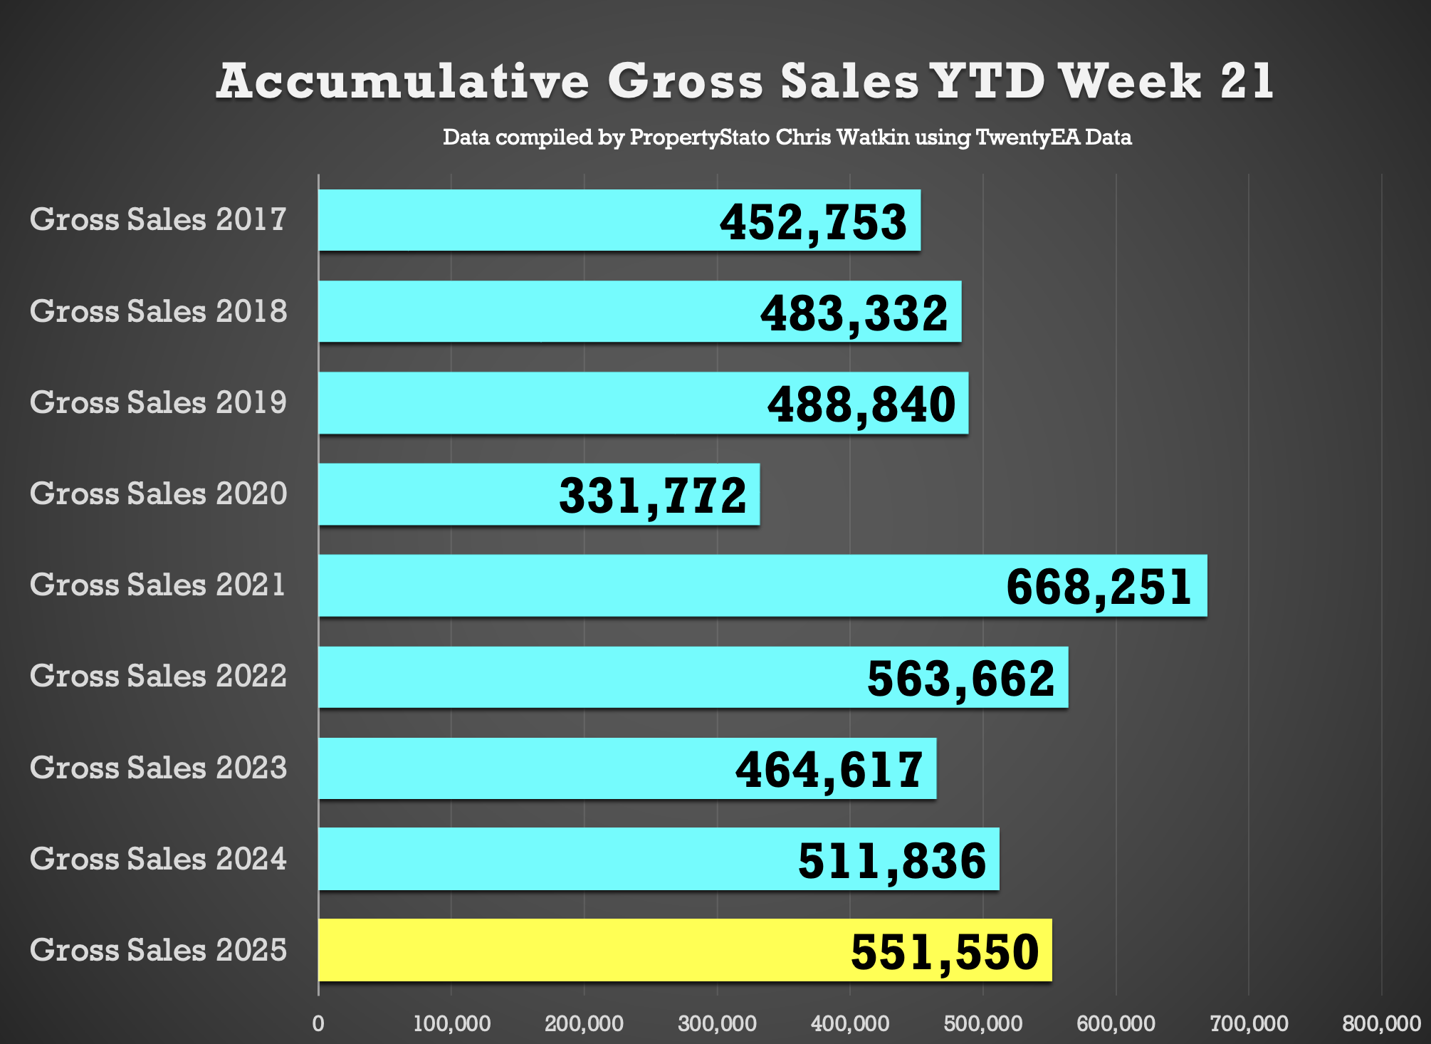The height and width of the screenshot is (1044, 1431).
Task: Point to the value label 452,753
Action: pyautogui.click(x=813, y=222)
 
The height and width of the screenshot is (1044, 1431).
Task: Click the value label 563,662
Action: pyautogui.click(x=960, y=679)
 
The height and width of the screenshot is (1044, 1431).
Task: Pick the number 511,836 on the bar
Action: pyautogui.click(x=892, y=861)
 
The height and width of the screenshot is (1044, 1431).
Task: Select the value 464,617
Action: pyautogui.click(x=829, y=770)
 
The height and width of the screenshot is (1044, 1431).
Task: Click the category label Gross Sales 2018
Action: pyautogui.click(x=158, y=311)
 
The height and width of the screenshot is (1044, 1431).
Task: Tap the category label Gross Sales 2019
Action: pyautogui.click(x=158, y=402)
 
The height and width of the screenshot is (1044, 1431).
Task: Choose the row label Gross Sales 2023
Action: pyautogui.click(x=158, y=768)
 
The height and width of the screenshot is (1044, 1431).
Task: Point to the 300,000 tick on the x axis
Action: pyautogui.click(x=717, y=1024)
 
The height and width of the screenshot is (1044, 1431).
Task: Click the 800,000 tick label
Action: pyautogui.click(x=1381, y=1024)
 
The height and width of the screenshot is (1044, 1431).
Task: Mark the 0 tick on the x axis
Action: pyautogui.click(x=318, y=1024)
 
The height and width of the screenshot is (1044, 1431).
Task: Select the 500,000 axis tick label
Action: pyautogui.click(x=983, y=1024)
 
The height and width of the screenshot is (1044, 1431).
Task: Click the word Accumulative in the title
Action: pyautogui.click(x=403, y=81)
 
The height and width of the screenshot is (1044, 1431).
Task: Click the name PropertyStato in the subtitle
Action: pyautogui.click(x=699, y=137)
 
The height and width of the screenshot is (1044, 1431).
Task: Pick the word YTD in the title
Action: pyautogui.click(x=987, y=81)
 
